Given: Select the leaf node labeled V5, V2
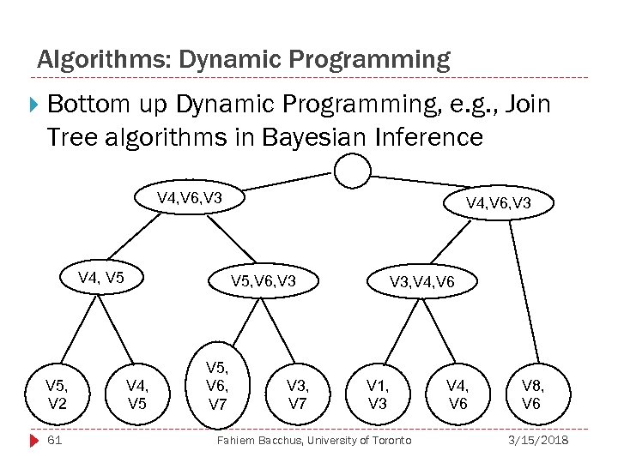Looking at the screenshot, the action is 58,395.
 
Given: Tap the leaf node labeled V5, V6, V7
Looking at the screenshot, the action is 218,385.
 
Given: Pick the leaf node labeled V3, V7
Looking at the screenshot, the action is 298,395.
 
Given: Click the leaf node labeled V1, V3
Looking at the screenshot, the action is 378,395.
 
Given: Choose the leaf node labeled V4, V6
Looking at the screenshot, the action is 458,395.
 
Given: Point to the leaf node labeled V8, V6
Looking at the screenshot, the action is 531,395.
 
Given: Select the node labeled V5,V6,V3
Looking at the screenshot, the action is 264,281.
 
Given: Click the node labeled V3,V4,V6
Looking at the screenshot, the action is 422,281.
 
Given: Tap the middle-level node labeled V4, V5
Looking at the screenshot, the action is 100,277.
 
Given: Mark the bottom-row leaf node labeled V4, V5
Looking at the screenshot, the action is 137,395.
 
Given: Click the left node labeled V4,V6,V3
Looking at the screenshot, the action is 190,199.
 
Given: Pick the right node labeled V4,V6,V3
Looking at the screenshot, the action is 499,203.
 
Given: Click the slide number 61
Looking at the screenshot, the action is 54,441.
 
